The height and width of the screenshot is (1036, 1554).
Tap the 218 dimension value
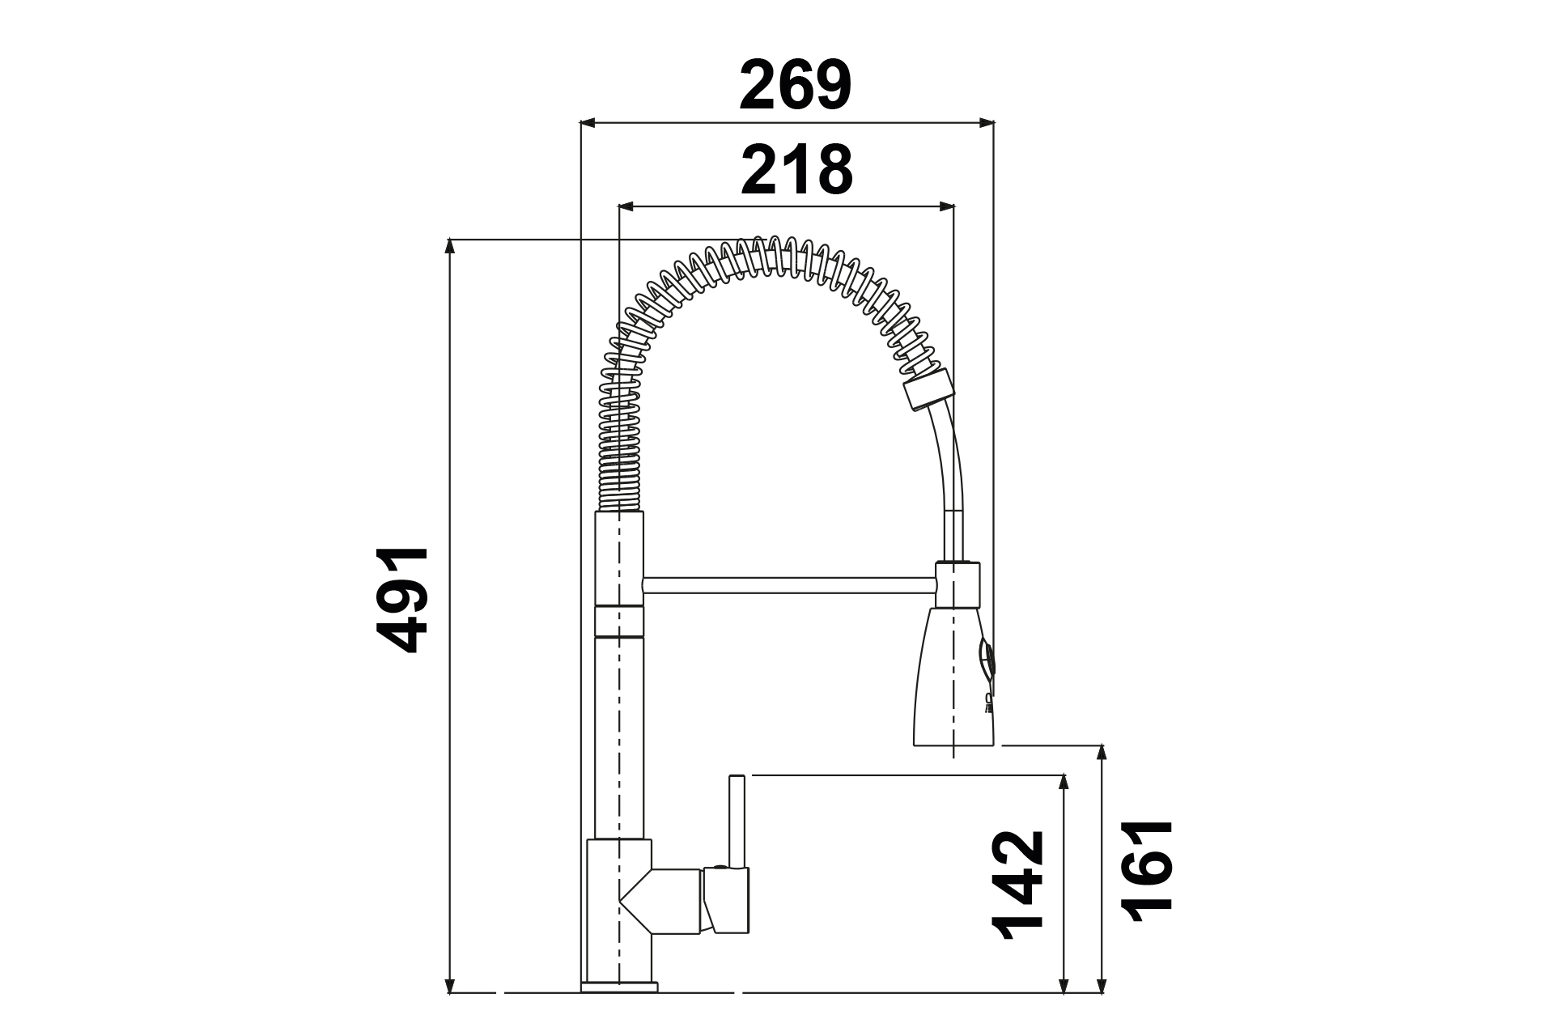[x=797, y=170]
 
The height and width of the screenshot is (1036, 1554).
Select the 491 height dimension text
[x=402, y=600]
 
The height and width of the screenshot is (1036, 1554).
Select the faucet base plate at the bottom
[x=619, y=987]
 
